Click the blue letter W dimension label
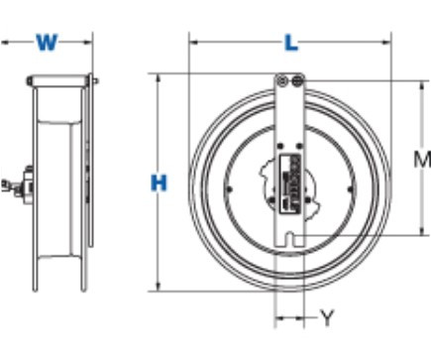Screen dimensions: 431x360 pos(47,43)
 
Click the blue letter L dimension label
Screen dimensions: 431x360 pos(291,43)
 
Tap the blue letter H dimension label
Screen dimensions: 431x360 pos(159,183)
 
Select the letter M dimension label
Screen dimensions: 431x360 pos(422,159)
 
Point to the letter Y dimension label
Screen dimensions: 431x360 pos(327,317)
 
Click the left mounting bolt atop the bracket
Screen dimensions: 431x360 pos(281,80)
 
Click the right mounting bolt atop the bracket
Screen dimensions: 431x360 pos(297,80)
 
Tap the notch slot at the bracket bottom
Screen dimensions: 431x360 pos(289,239)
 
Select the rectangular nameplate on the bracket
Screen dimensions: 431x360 pos(290,183)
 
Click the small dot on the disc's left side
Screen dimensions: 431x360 pos(229,189)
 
